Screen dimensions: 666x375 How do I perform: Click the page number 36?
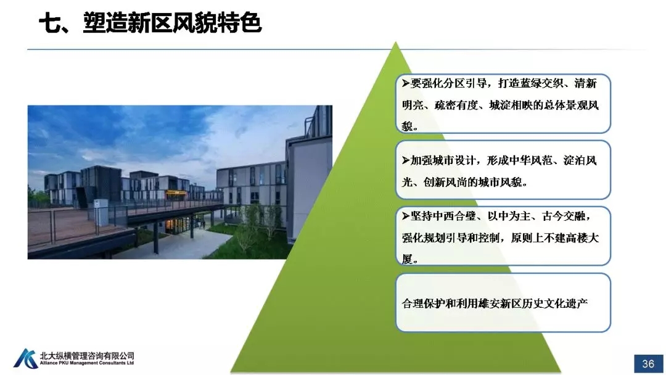tap(647, 363)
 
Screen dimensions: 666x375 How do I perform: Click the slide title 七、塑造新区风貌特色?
tap(150, 22)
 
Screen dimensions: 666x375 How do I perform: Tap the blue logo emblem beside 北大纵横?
tap(25, 359)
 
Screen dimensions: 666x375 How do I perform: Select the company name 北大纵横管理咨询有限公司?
tap(87, 355)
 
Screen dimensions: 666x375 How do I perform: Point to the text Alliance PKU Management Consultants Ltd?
tap(87, 363)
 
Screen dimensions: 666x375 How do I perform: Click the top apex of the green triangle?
tap(395, 41)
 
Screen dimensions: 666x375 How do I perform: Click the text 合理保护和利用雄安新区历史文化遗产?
tap(495, 303)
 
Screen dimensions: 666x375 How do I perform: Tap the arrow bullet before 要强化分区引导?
tap(406, 83)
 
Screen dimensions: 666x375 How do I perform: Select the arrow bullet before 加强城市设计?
tap(406, 160)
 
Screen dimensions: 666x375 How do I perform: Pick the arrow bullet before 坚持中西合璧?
tap(406, 216)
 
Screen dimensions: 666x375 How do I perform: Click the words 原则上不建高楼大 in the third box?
tap(555, 238)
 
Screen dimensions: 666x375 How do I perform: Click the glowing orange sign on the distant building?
tap(175, 193)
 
